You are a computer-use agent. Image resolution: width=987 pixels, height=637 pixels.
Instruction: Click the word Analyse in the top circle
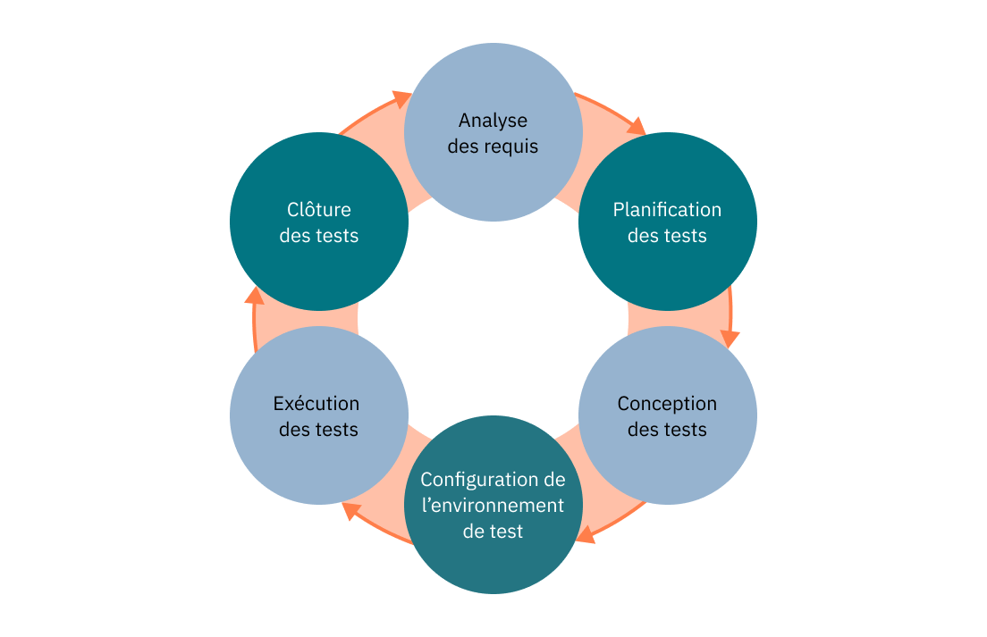(493, 120)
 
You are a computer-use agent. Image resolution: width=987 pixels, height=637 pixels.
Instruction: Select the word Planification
(667, 210)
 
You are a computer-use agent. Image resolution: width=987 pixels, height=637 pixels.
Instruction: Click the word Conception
(667, 404)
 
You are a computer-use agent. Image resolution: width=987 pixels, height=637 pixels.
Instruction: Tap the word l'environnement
(493, 506)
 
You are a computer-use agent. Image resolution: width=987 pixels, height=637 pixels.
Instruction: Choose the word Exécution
(316, 404)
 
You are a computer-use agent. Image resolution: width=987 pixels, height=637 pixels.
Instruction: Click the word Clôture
(319, 210)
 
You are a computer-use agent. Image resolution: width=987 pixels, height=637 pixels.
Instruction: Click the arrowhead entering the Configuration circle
(586, 536)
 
